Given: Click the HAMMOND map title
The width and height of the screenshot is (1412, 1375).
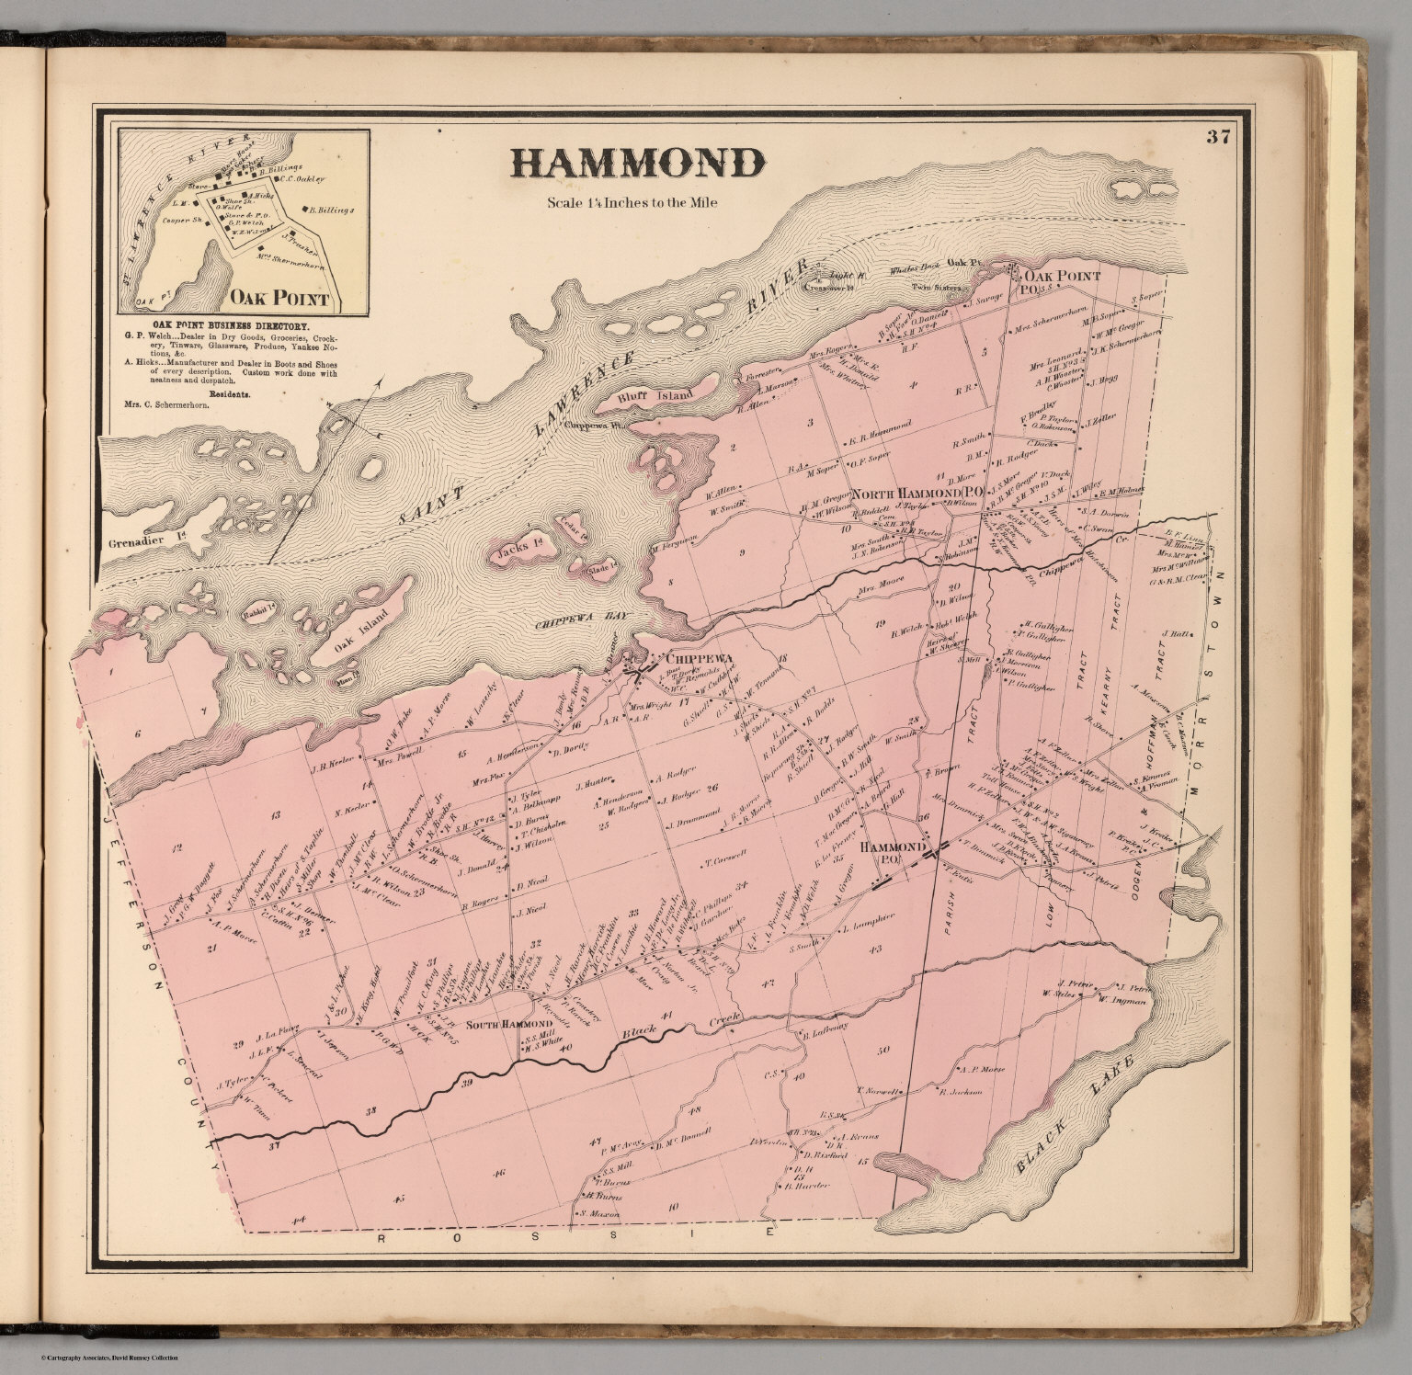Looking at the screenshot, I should coord(636,164).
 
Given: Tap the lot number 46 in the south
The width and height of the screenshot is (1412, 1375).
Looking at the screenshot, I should coord(498,1173).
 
